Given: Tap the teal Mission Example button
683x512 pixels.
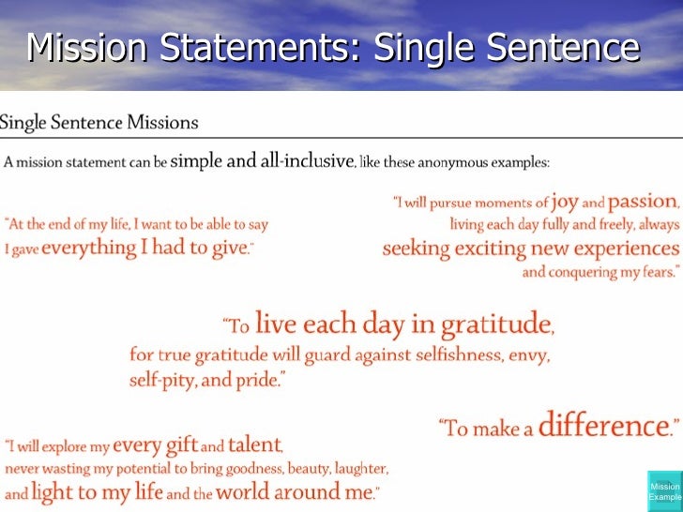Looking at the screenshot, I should [x=664, y=492].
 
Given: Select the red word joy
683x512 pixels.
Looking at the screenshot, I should [x=565, y=201].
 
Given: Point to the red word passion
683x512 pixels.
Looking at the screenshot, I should [x=643, y=202].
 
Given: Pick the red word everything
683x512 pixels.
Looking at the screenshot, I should [x=87, y=248].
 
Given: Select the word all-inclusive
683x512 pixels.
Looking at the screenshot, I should [x=291, y=161].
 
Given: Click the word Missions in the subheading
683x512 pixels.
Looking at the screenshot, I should [x=164, y=122].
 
